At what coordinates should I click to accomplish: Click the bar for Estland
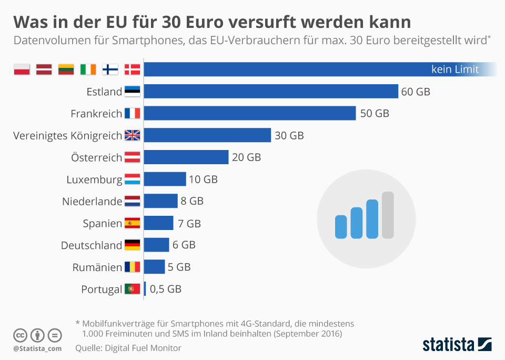tap(270, 92)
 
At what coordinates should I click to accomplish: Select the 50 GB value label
tap(375, 113)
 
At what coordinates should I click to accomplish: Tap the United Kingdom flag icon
tap(133, 135)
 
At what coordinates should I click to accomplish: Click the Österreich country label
tap(96, 157)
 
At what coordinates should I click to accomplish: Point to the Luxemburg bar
tap(165, 179)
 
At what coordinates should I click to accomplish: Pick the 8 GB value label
tap(192, 201)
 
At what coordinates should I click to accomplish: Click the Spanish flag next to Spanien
tap(133, 223)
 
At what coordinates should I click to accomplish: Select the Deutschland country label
tap(92, 245)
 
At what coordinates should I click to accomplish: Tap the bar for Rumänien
tap(154, 267)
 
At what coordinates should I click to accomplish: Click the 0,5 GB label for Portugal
tap(166, 289)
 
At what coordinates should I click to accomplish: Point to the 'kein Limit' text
tap(455, 69)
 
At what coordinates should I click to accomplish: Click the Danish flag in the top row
tap(133, 69)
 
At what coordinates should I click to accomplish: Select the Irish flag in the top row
tap(88, 69)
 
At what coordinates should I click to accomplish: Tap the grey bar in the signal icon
tap(388, 215)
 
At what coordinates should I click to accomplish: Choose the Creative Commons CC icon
tap(21, 335)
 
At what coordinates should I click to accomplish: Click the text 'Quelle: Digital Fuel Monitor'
tap(128, 348)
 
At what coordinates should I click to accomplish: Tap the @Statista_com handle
tap(37, 348)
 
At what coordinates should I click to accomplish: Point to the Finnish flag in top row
tap(110, 69)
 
